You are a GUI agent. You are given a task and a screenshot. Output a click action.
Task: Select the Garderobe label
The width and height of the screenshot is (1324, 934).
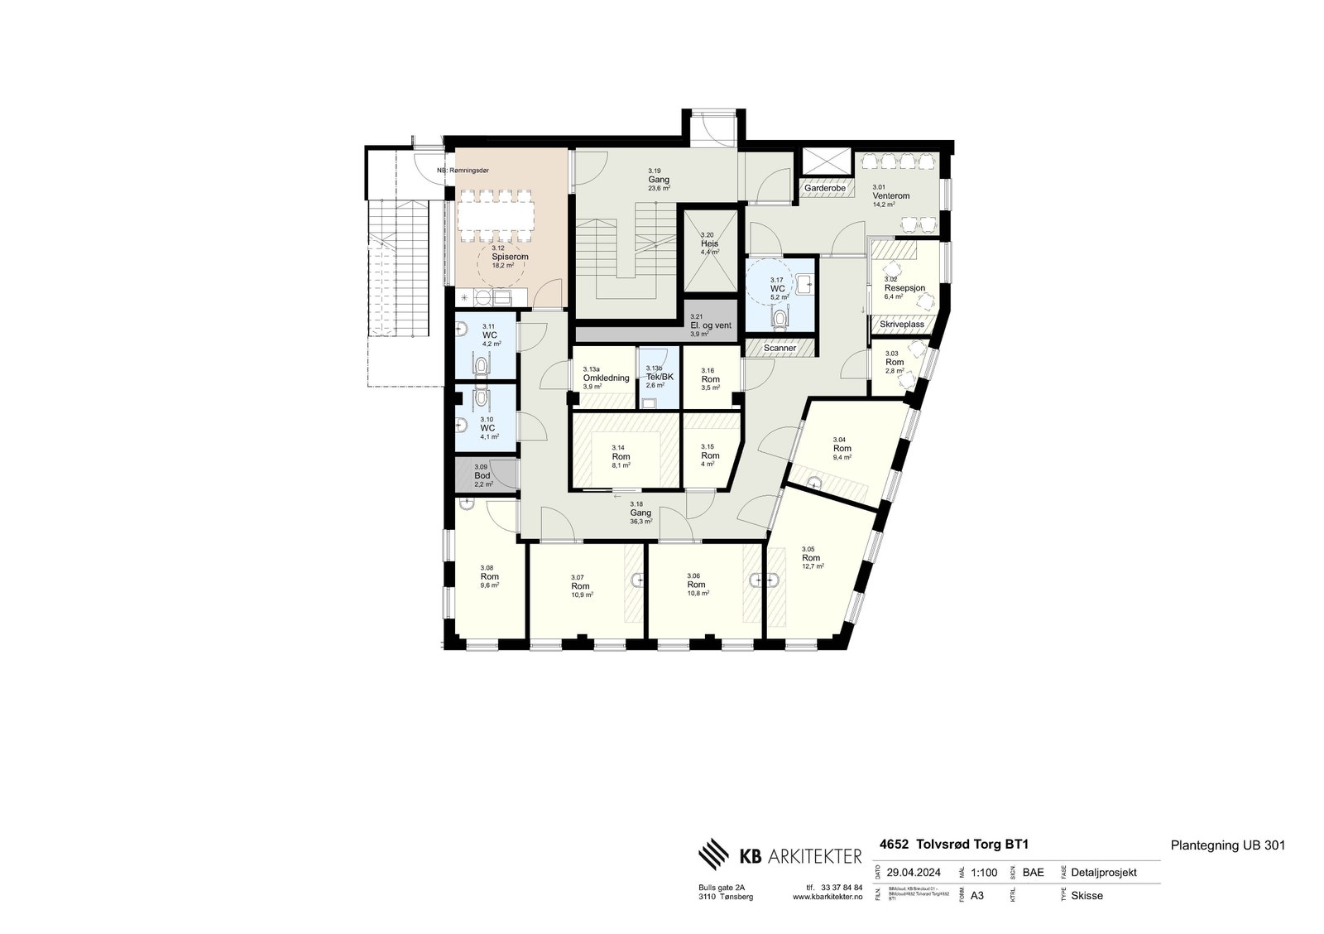coord(824,189)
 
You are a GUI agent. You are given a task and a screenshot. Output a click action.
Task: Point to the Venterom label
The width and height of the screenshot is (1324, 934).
coord(890,196)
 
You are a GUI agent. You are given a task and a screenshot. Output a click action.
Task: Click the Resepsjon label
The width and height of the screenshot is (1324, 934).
coord(904,288)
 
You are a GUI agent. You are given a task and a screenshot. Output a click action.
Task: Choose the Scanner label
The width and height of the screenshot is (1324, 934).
coord(780,349)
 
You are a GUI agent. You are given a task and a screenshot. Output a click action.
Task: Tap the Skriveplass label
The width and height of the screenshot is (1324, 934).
coord(902,325)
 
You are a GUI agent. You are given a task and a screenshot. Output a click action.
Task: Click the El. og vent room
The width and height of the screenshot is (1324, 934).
coord(711,325)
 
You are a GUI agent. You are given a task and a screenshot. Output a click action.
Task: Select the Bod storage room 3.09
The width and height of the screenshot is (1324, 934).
coord(482,475)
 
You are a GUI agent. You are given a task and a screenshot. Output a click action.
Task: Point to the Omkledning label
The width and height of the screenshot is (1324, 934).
coord(606,378)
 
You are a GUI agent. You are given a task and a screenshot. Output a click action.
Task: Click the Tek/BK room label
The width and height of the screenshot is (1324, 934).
coord(660,377)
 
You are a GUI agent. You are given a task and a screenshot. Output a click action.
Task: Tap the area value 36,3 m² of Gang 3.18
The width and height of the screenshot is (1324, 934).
coord(640,522)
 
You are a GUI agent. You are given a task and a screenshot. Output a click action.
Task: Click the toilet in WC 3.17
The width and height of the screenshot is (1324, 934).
coord(779,318)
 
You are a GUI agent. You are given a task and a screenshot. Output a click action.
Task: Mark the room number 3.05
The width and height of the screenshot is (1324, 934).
coord(808,549)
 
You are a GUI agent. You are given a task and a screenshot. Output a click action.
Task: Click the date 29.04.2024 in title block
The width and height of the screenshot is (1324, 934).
coord(914,872)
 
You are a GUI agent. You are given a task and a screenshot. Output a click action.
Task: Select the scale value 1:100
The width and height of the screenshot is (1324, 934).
coord(985,872)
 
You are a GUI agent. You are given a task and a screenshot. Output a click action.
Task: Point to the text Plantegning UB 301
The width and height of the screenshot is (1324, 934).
coord(1227,845)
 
